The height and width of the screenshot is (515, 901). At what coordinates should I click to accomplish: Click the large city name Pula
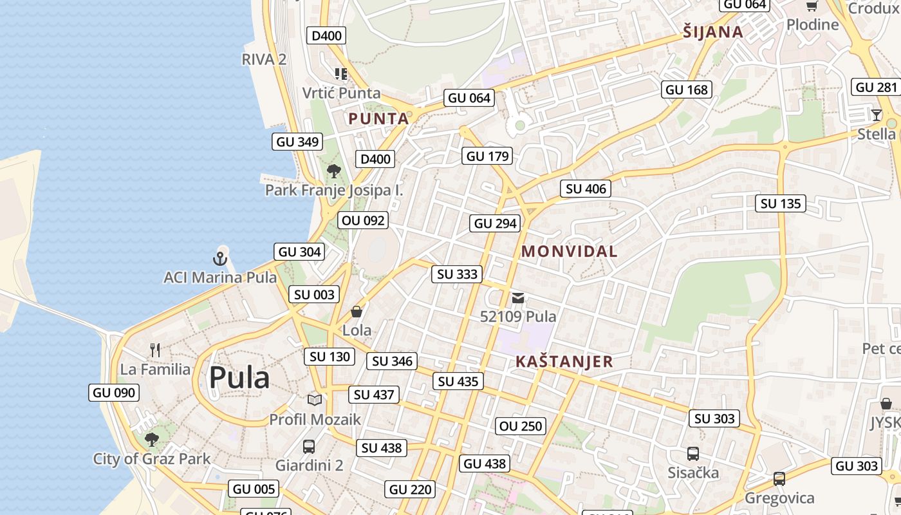(x=239, y=378)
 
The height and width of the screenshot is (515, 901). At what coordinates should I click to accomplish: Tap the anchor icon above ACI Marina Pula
(x=220, y=259)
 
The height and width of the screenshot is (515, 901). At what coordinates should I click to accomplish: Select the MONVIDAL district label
(x=569, y=252)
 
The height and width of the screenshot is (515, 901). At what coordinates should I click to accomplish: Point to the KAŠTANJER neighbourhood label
(x=564, y=362)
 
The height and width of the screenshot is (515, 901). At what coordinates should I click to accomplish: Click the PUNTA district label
(x=378, y=118)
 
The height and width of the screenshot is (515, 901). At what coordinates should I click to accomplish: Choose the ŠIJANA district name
(x=713, y=32)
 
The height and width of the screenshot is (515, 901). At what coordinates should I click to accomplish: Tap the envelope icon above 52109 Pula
(x=518, y=298)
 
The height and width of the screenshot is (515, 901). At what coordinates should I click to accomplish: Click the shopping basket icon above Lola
(x=357, y=312)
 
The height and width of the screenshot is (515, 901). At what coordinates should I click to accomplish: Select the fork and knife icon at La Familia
(x=155, y=350)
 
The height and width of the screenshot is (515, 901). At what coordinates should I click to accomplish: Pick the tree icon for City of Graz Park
(x=152, y=440)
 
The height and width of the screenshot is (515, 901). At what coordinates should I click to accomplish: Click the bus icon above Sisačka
(x=693, y=454)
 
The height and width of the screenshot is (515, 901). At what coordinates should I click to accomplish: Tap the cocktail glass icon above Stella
(x=876, y=115)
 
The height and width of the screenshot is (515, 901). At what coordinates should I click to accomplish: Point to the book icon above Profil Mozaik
(x=315, y=400)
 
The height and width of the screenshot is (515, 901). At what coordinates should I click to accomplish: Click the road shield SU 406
(x=586, y=189)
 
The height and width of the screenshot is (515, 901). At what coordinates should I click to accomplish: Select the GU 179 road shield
(x=487, y=156)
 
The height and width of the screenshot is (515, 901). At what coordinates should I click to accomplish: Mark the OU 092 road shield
(x=363, y=220)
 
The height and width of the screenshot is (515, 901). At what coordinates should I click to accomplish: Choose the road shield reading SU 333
(x=457, y=274)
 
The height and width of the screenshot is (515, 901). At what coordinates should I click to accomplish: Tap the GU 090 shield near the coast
(x=114, y=393)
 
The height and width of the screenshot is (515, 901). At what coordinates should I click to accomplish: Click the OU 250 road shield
(x=521, y=426)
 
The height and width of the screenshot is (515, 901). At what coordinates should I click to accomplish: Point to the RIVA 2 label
(x=264, y=59)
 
